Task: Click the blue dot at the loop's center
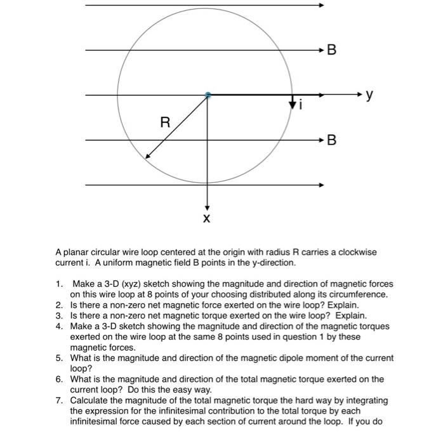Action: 207,95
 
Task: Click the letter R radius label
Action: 164,122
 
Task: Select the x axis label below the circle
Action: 206,218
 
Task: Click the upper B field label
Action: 331,50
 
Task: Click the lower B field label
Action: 331,140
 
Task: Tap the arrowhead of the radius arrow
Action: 148,156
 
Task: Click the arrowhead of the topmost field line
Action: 322,4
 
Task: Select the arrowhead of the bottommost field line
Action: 322,185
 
